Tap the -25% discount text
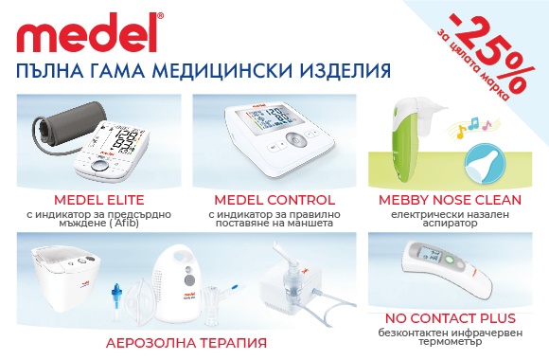point(493,53)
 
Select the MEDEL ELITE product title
point(99,200)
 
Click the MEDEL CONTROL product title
point(274,200)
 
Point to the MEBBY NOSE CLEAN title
point(450,200)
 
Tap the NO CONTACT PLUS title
point(451,318)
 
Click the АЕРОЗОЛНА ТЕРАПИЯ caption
point(186,343)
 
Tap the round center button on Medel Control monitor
point(296,141)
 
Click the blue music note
point(473,123)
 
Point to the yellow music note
point(461,132)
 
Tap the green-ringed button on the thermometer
point(450,261)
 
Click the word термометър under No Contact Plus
point(451,342)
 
